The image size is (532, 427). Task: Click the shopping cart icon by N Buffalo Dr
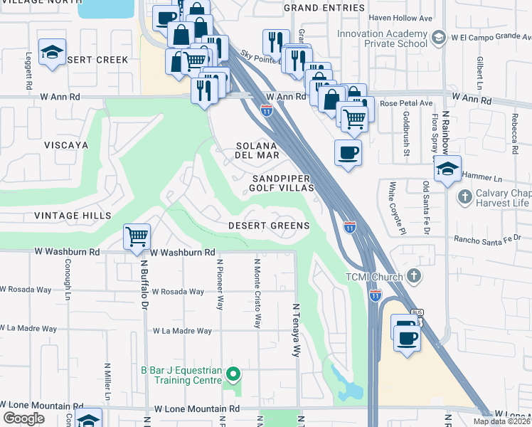[136, 236]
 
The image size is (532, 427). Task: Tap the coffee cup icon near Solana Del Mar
[348, 152]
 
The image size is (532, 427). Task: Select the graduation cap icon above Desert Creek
[52, 51]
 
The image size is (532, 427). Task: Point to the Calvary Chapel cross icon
[464, 196]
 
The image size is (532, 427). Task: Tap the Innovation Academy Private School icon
[439, 36]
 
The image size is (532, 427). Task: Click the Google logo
[23, 418]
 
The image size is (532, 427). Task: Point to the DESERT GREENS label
[269, 226]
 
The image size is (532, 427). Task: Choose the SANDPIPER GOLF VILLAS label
[281, 183]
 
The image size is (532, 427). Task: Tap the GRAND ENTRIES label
[324, 7]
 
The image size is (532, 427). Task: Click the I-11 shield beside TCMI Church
[375, 295]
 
